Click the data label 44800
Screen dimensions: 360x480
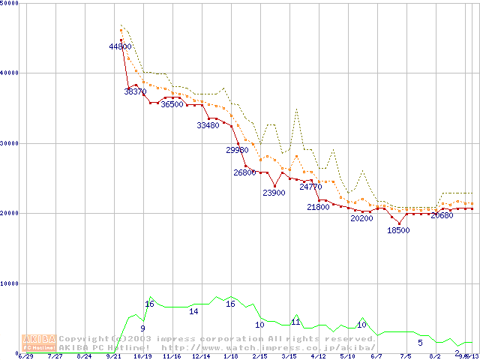(x=121, y=46)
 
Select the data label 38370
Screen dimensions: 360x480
(x=136, y=91)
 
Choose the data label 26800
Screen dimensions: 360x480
(x=244, y=172)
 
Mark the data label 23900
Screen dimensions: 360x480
(x=274, y=193)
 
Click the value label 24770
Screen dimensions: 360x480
(x=310, y=187)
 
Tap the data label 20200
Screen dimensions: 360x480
(x=361, y=219)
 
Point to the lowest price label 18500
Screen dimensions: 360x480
(x=397, y=230)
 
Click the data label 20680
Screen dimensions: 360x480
(x=442, y=215)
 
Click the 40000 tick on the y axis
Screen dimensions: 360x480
(x=10, y=73)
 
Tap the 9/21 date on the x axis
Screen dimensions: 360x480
(x=114, y=356)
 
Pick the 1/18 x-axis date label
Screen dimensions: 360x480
(x=230, y=356)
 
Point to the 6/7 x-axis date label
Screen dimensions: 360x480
(x=376, y=356)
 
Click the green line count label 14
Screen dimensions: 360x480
(x=193, y=311)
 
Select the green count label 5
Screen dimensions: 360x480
(x=420, y=343)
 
